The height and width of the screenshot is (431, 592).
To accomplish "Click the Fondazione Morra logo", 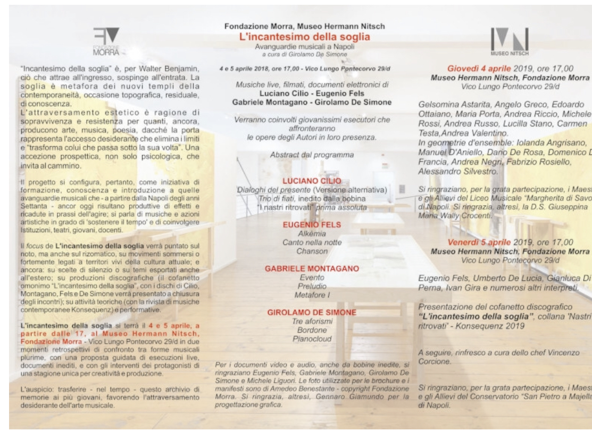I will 107,41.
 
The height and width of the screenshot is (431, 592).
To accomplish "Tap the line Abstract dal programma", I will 312,154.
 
